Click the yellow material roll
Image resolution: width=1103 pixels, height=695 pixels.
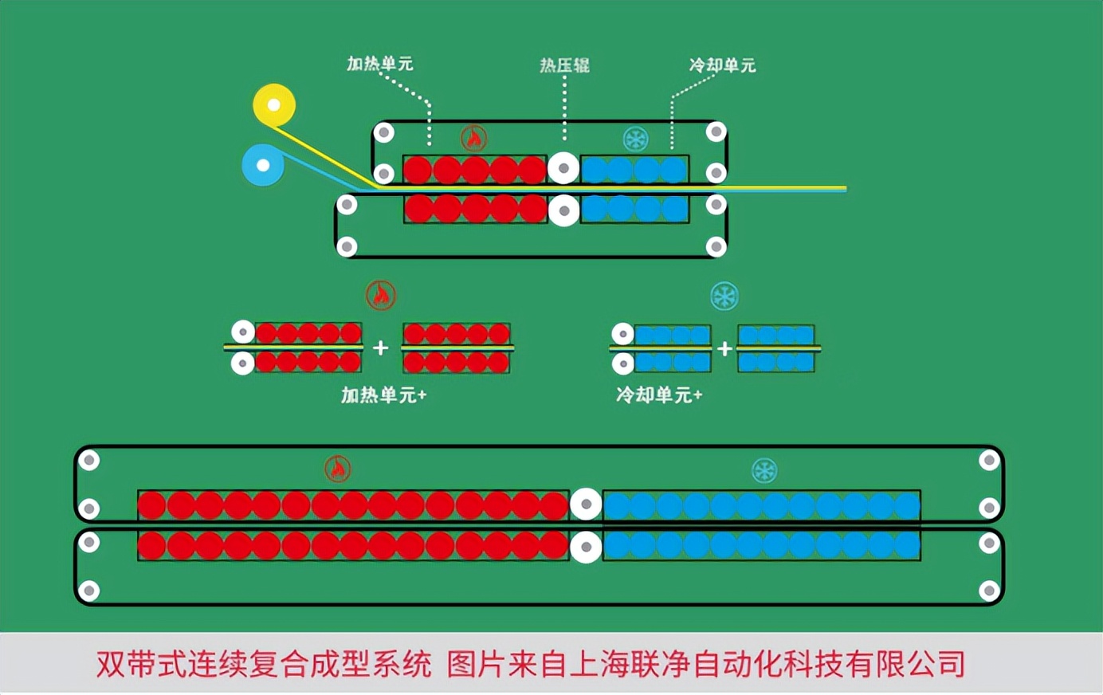[274, 104]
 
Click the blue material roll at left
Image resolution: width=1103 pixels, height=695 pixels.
[263, 165]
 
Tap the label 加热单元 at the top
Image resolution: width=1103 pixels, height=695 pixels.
[379, 64]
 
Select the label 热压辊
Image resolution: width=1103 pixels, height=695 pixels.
[564, 65]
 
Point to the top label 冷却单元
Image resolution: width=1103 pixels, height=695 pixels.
[722, 65]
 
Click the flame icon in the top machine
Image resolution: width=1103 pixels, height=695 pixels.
[474, 139]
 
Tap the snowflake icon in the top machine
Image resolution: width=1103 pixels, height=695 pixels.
[635, 139]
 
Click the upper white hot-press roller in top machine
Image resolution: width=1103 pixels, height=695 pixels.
[563, 168]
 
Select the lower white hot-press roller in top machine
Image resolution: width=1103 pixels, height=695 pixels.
[564, 210]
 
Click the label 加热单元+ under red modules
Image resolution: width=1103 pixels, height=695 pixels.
[383, 395]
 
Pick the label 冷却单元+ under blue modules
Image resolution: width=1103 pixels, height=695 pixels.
[659, 395]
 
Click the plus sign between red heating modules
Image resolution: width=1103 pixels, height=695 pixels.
[381, 347]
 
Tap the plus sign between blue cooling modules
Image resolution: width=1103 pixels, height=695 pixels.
[724, 348]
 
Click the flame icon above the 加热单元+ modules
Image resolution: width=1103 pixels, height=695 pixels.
[381, 296]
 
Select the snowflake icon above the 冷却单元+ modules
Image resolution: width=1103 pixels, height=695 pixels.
[724, 296]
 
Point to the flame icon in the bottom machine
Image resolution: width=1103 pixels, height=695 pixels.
[338, 469]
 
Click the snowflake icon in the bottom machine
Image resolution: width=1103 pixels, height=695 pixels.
[764, 470]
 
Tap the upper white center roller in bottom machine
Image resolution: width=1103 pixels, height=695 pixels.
[586, 504]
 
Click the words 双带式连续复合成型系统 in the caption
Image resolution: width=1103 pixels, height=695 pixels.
[264, 664]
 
